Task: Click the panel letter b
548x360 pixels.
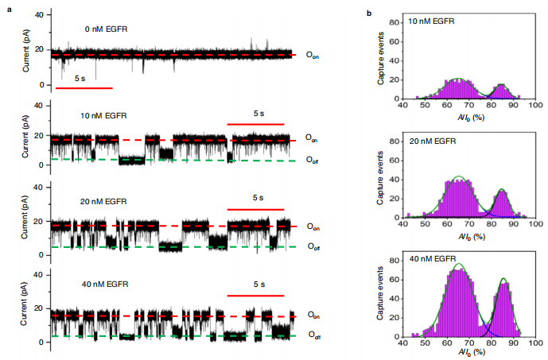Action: (x=368, y=14)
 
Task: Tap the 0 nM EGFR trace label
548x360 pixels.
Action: (x=107, y=30)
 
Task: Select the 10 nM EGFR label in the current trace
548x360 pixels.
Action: (x=103, y=116)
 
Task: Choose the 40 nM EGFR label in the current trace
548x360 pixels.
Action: (x=103, y=283)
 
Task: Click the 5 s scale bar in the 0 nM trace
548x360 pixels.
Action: (x=84, y=87)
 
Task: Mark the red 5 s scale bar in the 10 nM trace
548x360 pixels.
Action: (x=255, y=124)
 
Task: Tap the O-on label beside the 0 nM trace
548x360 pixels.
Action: (x=313, y=56)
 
